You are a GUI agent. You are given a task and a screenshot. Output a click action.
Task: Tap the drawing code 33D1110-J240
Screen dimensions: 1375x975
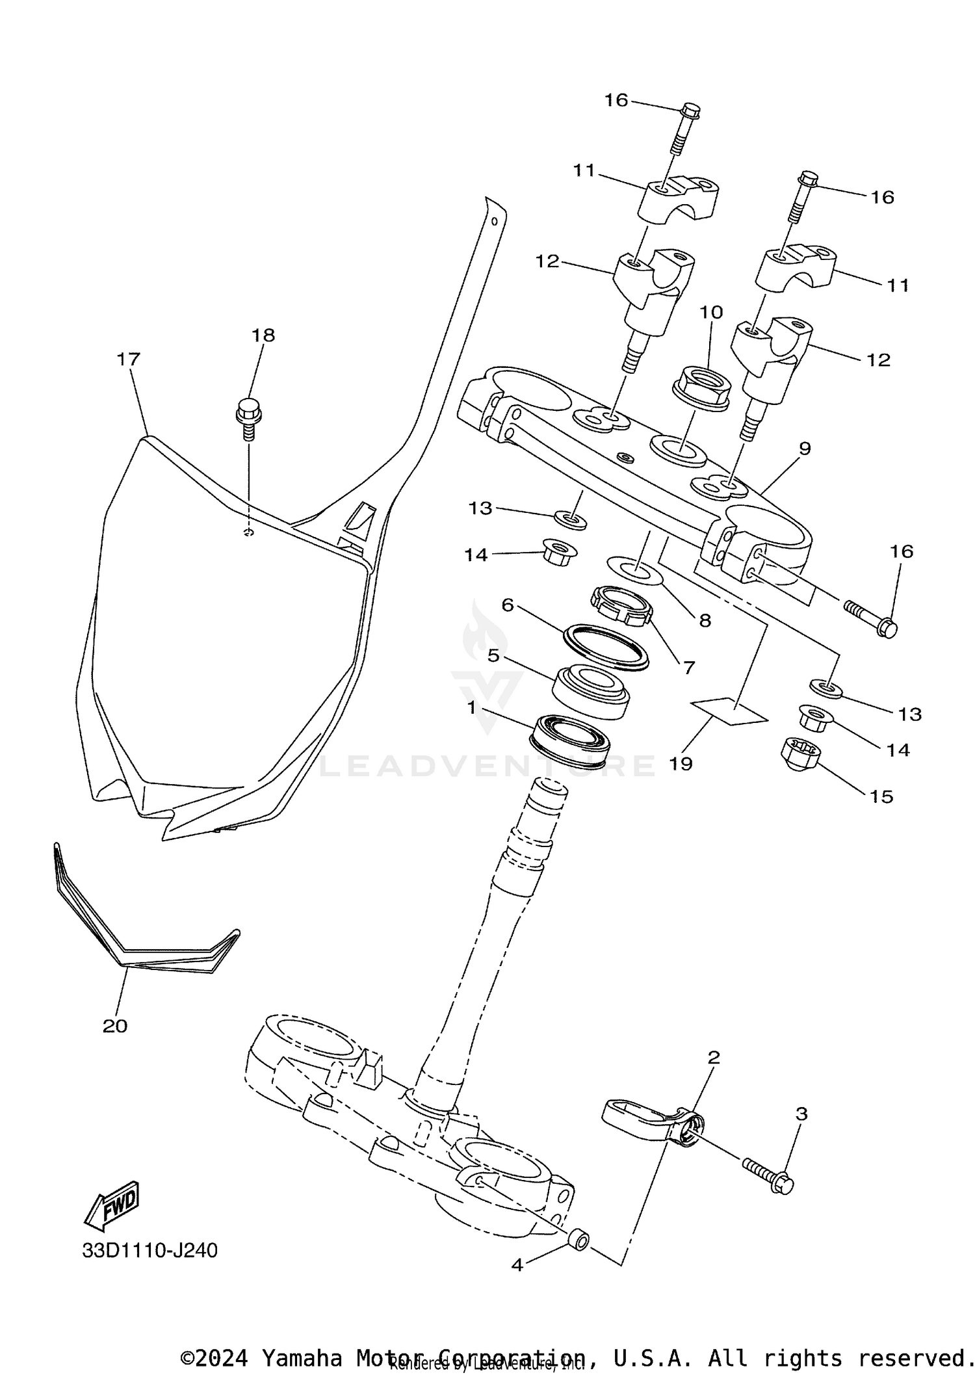click(x=149, y=1250)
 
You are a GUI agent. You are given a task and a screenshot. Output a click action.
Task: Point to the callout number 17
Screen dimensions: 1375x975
click(x=129, y=359)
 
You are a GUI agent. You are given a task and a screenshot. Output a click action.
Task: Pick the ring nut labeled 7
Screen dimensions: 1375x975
click(x=621, y=605)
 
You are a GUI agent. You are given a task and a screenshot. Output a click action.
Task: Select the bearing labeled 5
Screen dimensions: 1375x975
click(x=591, y=692)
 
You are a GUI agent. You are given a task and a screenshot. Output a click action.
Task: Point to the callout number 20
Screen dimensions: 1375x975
click(x=115, y=1027)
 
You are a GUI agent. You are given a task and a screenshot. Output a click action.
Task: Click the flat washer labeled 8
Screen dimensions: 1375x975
click(x=634, y=570)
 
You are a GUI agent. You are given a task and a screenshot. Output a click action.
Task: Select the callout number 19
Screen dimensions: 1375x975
click(x=681, y=763)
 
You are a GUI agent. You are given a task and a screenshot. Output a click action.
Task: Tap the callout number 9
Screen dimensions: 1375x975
click(x=805, y=448)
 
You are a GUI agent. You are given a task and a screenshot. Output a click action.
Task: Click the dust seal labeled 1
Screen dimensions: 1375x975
click(x=569, y=738)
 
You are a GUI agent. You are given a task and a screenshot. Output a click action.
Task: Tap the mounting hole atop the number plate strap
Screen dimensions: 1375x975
click(x=495, y=221)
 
